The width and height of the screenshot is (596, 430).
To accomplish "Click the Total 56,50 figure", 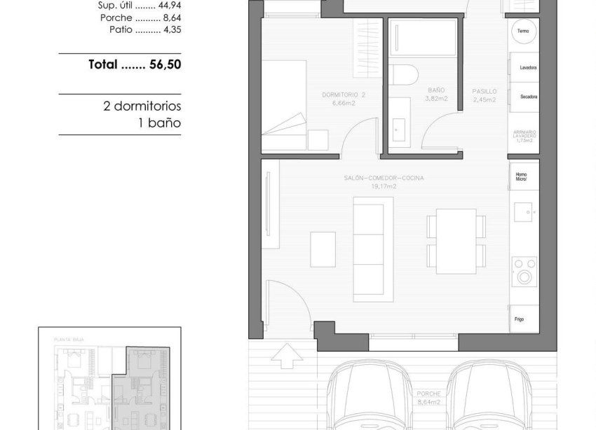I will point(135,64).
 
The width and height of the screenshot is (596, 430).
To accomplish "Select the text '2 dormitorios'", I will point(142,106).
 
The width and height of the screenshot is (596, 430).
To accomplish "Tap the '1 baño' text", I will point(159,123).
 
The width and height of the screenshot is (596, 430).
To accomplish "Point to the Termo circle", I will point(523,32).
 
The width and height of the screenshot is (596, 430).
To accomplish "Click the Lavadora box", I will point(524,68).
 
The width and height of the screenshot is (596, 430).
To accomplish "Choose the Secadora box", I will point(524,97).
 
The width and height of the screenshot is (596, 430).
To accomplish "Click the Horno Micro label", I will point(522,176).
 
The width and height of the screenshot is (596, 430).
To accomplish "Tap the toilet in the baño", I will point(404,75).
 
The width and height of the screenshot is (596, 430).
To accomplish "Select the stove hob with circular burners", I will point(523,271).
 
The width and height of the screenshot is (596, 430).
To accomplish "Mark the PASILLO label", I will point(485,91).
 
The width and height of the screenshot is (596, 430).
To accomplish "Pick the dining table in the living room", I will point(456,241).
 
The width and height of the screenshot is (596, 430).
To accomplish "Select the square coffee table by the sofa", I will point(323,249).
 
